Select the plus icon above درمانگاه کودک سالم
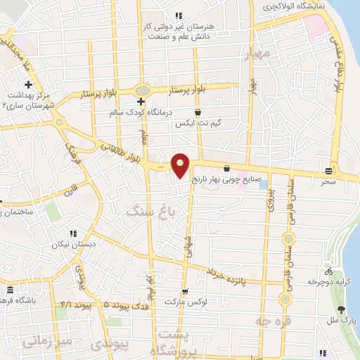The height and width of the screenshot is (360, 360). click(x=141, y=101)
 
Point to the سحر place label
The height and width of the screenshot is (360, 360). click(x=329, y=181)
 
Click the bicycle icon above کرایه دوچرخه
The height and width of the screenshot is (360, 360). click(x=328, y=271)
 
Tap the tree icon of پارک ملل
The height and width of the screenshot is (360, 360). click(x=342, y=309)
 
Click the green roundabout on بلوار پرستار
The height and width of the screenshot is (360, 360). click(x=142, y=91)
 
